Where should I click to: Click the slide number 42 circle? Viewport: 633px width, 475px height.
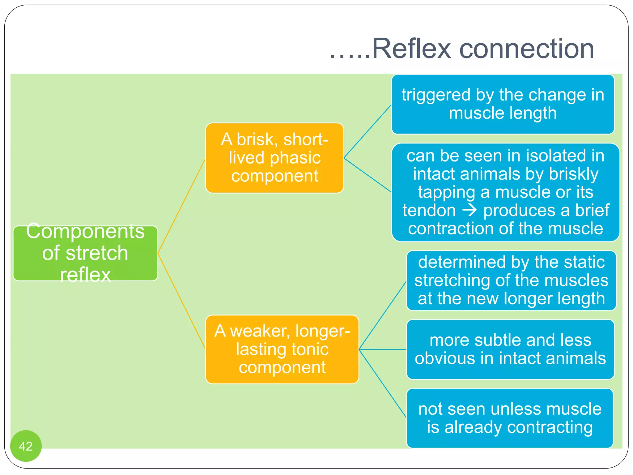(x=26, y=446)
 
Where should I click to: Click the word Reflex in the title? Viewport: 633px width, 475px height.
(x=411, y=49)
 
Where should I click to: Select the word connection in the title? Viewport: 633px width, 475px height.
(x=527, y=49)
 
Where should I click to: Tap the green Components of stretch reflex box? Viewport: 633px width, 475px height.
(x=85, y=253)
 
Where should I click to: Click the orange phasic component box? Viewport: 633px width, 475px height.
(x=274, y=158)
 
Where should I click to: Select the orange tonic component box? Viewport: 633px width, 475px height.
(x=282, y=349)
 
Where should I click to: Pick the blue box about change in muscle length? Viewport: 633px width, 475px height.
(x=503, y=104)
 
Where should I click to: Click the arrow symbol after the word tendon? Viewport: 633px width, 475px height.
(x=469, y=210)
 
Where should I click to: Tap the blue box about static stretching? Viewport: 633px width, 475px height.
(x=511, y=280)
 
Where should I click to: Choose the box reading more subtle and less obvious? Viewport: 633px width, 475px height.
(x=510, y=349)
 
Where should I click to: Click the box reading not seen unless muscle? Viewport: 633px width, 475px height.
(x=510, y=418)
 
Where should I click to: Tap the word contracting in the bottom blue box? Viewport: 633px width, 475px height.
(x=550, y=427)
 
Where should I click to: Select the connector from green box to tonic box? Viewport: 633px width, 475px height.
(x=181, y=301)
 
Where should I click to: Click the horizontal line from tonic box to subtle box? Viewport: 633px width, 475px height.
(x=383, y=349)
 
